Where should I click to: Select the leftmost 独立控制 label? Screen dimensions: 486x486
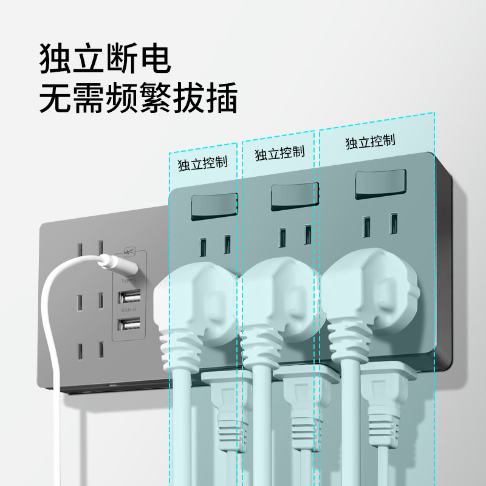(202, 163)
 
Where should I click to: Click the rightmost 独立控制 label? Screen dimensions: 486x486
(370, 142)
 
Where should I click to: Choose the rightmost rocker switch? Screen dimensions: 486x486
(380, 183)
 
